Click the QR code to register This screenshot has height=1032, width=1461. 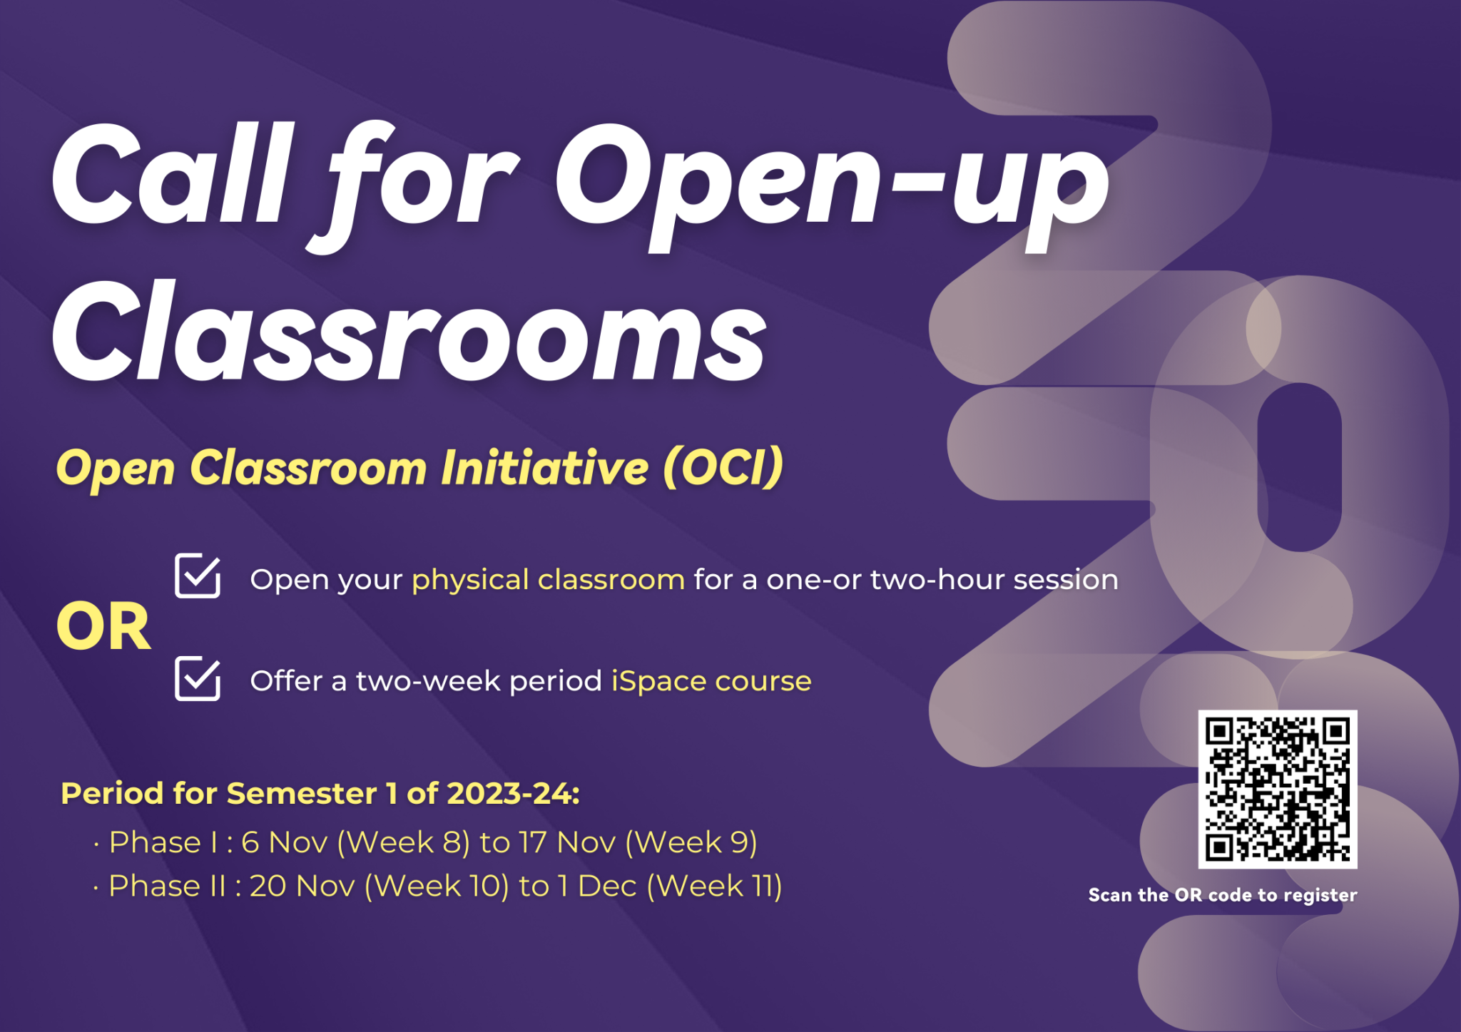coord(1277,789)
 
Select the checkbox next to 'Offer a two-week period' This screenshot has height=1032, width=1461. coord(198,678)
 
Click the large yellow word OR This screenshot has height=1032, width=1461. coord(103,627)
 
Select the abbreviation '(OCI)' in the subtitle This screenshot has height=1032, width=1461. coord(723,468)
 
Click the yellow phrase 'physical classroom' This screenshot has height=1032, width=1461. coord(548,580)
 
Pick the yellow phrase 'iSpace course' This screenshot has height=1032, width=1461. coord(711,681)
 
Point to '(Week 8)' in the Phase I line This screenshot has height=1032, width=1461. coord(403,842)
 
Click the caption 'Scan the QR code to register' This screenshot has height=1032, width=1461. coord(1223,895)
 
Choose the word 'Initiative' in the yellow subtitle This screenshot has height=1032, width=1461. coord(545,468)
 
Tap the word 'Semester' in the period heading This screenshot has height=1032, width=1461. coord(302,793)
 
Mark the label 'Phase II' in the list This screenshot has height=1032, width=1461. coord(167,886)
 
